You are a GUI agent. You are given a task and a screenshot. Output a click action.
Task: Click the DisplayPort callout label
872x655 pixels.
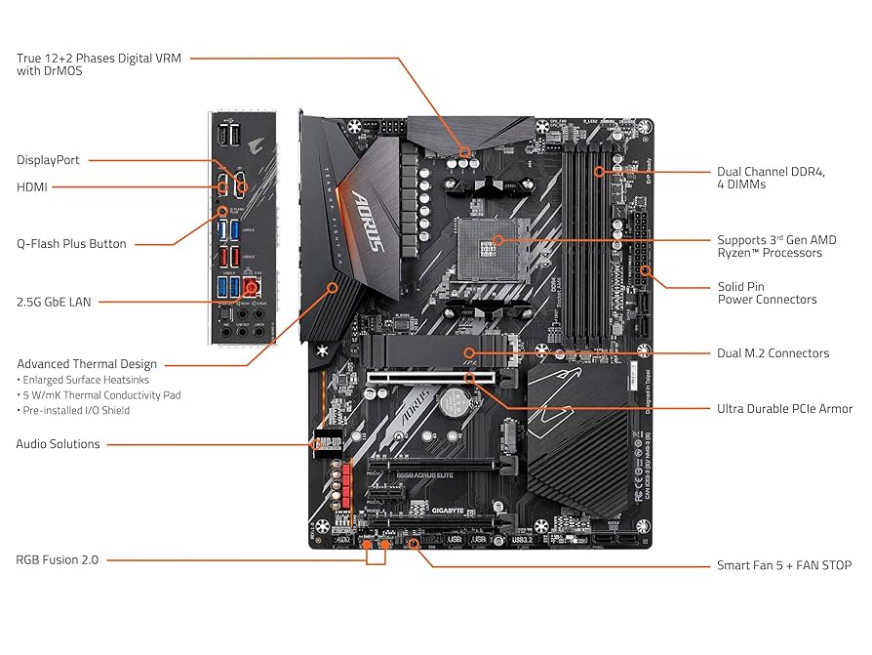pos(48,160)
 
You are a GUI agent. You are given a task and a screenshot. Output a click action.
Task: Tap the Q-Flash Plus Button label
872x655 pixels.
pos(71,244)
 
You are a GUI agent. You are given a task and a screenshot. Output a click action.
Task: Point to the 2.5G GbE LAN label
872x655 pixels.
pos(54,302)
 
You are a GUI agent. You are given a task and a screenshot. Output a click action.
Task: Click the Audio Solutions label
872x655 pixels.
pos(58,444)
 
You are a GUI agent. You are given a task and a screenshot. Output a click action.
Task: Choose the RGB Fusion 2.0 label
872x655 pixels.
pos(57,560)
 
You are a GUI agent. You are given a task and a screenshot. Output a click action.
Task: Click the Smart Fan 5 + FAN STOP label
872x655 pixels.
pos(783,565)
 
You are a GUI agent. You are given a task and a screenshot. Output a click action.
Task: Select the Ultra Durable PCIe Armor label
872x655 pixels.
pos(784,409)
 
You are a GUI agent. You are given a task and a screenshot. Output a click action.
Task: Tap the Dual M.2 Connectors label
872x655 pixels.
pos(773,353)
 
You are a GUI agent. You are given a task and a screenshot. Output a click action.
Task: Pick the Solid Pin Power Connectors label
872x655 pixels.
pos(767,294)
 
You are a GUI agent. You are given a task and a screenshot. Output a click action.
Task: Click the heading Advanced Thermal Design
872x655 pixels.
pos(87,364)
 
